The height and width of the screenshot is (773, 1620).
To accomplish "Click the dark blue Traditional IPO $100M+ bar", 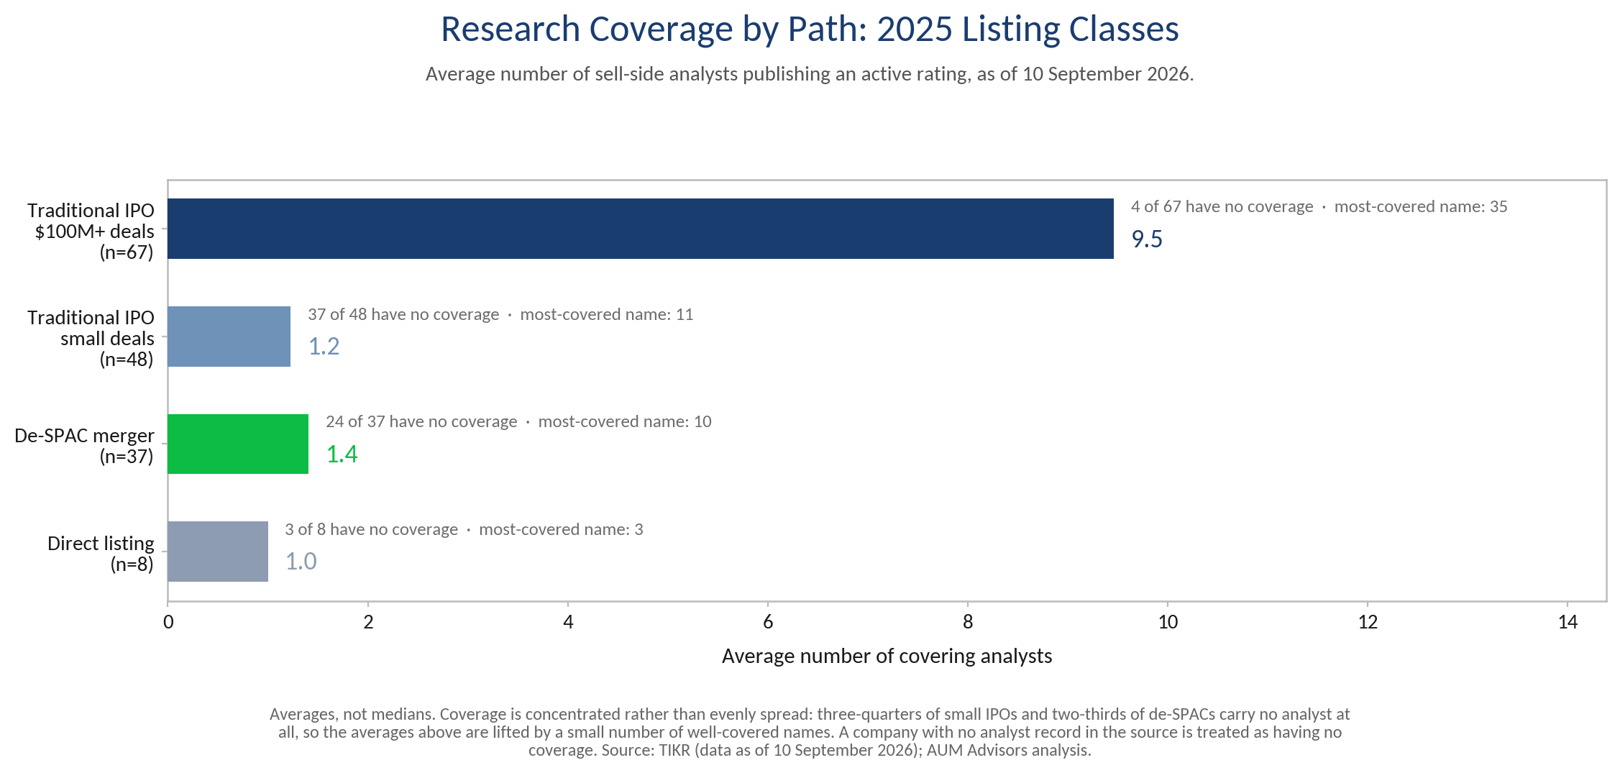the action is pyautogui.click(x=641, y=229).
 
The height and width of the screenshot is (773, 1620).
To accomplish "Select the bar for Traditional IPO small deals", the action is pyautogui.click(x=229, y=337).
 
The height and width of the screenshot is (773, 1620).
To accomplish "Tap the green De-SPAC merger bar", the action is pyautogui.click(x=238, y=444).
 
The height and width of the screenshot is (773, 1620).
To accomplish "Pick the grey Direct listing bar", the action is pyautogui.click(x=218, y=552).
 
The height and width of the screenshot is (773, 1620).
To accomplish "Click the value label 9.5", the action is pyautogui.click(x=1147, y=239).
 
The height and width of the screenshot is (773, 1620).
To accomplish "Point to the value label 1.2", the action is pyautogui.click(x=324, y=347).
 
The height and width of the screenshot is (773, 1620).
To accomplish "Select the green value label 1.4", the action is pyautogui.click(x=342, y=454).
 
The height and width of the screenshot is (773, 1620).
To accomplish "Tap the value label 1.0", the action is pyautogui.click(x=301, y=562).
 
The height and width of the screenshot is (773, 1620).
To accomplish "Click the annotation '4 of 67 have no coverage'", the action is pyautogui.click(x=1222, y=207).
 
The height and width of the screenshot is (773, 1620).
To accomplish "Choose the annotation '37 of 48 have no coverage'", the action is pyautogui.click(x=403, y=314).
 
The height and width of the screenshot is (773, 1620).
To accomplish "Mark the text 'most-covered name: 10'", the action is pyautogui.click(x=625, y=421).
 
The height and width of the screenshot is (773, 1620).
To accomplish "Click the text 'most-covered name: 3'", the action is pyautogui.click(x=561, y=529).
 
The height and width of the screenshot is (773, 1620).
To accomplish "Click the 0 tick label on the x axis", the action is pyautogui.click(x=168, y=621).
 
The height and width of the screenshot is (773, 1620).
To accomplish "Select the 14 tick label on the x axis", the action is pyautogui.click(x=1568, y=621).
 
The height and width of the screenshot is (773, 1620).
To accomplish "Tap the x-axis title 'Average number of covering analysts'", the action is pyautogui.click(x=887, y=657).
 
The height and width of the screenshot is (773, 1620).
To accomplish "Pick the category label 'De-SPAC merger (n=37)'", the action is pyautogui.click(x=84, y=446).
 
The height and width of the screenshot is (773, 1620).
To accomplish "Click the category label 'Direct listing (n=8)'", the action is pyautogui.click(x=101, y=554).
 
